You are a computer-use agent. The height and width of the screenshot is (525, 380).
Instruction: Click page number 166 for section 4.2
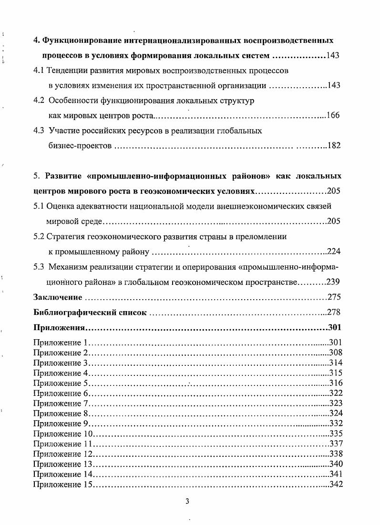pos(333,116)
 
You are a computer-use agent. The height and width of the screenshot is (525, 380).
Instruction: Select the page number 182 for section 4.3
pos(334,146)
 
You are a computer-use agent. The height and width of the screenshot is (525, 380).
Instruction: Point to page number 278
pos(334,313)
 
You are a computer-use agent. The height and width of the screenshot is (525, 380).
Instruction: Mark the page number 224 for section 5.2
pos(334,252)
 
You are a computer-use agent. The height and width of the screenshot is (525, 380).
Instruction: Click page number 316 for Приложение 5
pos(336,383)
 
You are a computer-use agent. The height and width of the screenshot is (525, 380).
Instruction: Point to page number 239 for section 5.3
pos(333,282)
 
